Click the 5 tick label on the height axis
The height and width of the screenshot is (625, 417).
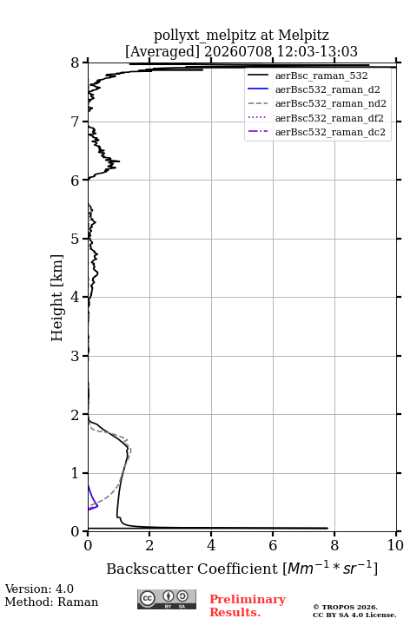point(76,240)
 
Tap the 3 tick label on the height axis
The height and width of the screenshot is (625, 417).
point(76,356)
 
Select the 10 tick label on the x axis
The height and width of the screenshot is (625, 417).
point(395,545)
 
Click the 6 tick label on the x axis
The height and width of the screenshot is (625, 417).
point(273,545)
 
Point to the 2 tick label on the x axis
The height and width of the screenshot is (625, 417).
point(149,545)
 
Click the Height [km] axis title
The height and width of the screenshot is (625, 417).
point(57,298)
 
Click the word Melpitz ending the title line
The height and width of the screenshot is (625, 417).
point(304,35)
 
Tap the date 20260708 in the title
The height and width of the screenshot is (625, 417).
point(238,51)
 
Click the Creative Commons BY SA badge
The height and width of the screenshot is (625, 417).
point(167,600)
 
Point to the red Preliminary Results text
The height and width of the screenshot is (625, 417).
point(248,606)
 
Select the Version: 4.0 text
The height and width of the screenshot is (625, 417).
point(39,589)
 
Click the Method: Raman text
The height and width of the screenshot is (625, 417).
point(51,602)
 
